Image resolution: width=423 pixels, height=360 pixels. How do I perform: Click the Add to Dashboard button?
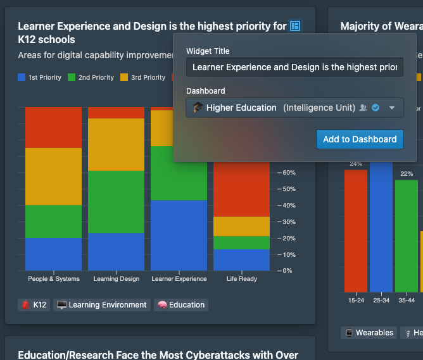point(360,139)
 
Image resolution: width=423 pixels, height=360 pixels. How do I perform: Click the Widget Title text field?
point(294,67)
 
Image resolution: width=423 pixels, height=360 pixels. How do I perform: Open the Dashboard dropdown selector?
point(294,108)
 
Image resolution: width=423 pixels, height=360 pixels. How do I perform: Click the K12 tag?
point(34,305)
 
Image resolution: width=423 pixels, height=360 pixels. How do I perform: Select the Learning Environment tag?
point(102,305)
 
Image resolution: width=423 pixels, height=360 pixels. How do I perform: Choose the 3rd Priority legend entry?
point(142,78)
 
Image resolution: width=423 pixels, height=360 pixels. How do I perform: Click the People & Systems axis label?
point(54,279)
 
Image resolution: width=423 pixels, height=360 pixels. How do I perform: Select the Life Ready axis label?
point(241,279)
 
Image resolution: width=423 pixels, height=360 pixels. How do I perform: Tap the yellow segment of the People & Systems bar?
point(54,177)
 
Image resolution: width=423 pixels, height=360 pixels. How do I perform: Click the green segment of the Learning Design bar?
point(116,202)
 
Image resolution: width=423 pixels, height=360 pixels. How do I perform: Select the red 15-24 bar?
point(356,231)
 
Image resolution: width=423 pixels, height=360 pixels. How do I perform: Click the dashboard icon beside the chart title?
point(295,26)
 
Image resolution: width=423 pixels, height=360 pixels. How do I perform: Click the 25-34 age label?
point(381,300)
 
